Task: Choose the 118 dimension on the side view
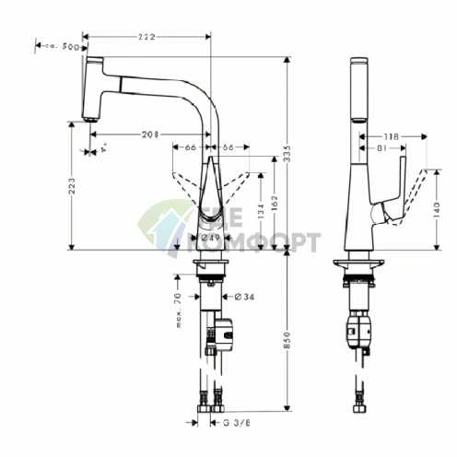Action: [391, 136]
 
